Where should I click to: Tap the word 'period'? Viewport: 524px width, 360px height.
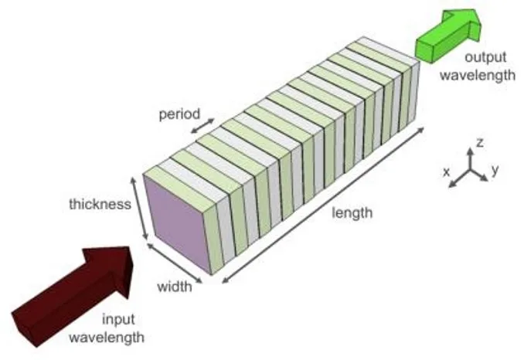[x=180, y=114]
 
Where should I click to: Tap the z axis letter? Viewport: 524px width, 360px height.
[x=481, y=143]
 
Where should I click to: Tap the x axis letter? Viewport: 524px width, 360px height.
[x=447, y=172]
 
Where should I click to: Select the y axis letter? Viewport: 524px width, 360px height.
[x=495, y=169]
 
